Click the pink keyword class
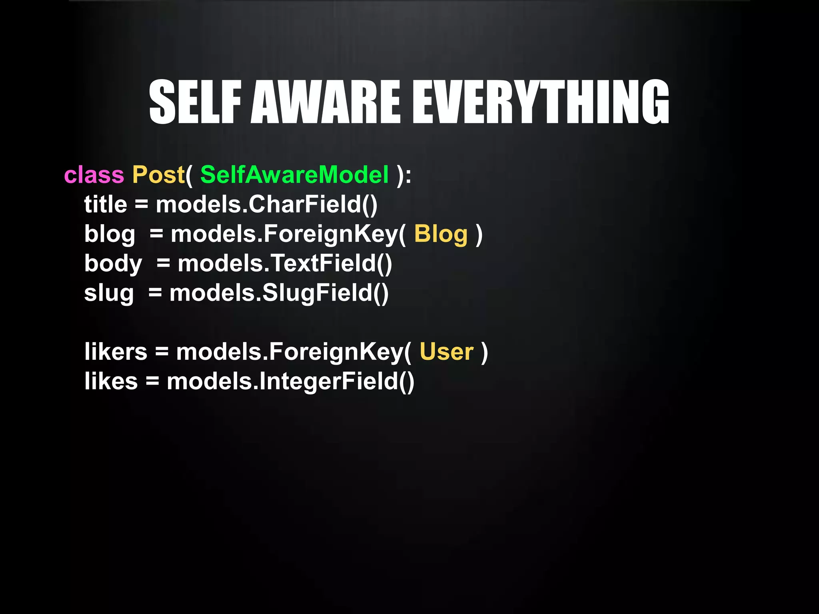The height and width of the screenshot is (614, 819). pos(94,175)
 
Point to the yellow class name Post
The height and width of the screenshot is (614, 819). pos(158,175)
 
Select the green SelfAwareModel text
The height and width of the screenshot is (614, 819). pos(294,175)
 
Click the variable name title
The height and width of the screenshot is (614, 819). pos(106,205)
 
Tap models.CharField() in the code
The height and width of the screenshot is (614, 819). pos(266,205)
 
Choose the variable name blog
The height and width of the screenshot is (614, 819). pos(110,234)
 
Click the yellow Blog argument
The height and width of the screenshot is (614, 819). pos(441,234)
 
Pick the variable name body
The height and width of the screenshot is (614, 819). pos(113,264)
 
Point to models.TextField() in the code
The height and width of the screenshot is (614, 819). pos(285,264)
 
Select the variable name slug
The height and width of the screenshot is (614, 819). pos(109,293)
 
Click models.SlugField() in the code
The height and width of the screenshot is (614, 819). pos(279,293)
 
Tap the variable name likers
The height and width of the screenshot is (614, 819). pos(116,352)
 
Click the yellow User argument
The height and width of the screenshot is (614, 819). pos(446,352)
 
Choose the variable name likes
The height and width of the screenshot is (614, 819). pos(111,381)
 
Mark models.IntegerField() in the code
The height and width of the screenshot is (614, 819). pos(290,381)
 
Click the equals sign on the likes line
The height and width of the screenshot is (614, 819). pos(152,381)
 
